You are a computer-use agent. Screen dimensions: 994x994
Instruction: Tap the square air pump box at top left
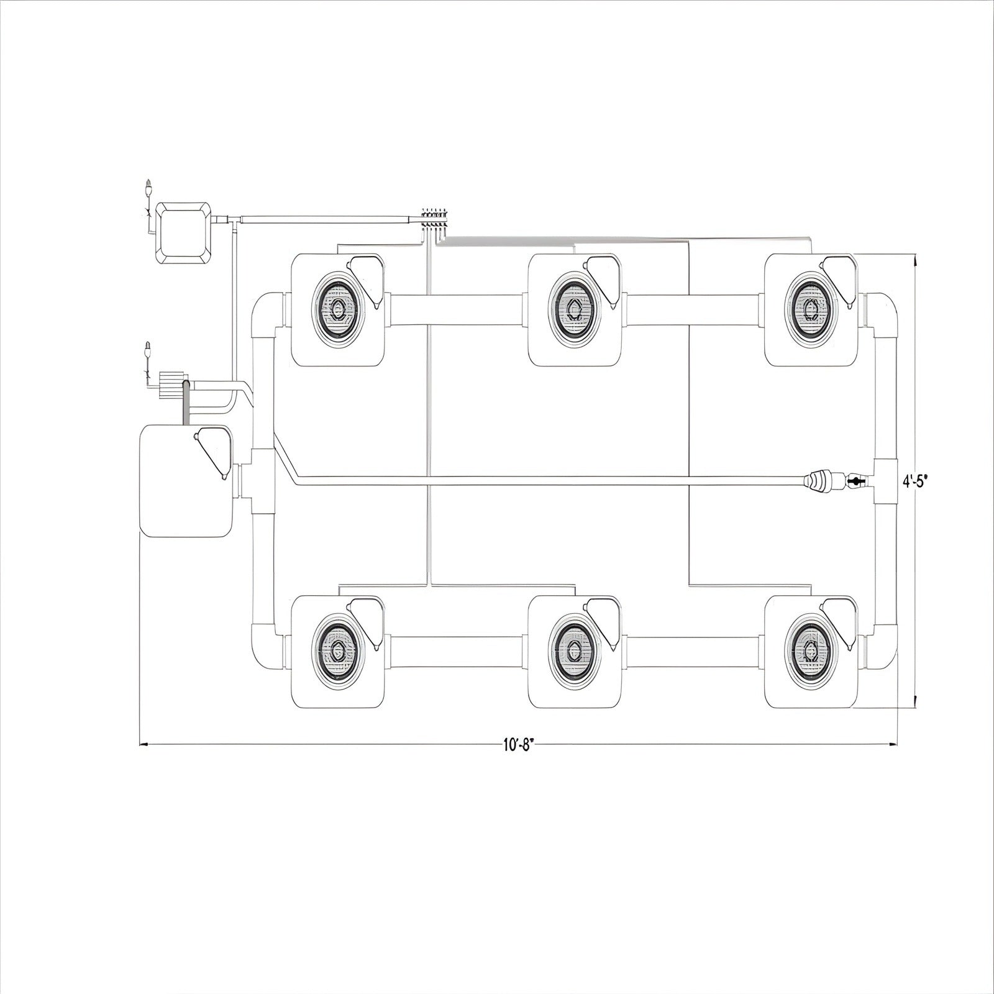coord(185,233)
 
